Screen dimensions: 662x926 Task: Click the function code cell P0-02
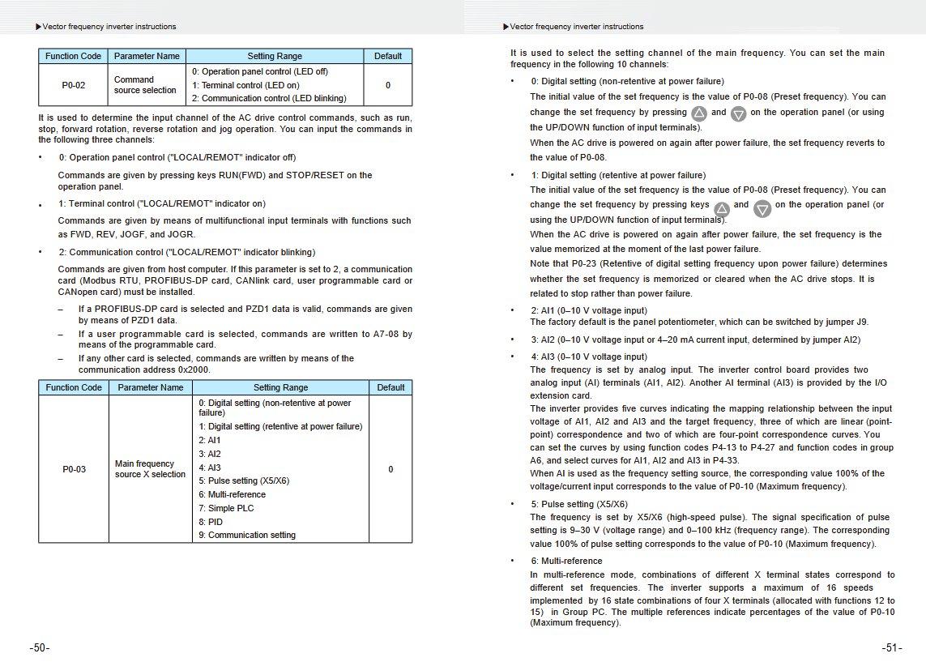pos(73,85)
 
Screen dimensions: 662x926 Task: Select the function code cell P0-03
pos(74,469)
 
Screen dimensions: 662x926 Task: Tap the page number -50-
pos(40,648)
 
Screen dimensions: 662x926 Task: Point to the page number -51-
pos(892,648)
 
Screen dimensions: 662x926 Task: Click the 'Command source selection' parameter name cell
pos(145,85)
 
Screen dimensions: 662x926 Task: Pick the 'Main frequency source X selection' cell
pos(150,469)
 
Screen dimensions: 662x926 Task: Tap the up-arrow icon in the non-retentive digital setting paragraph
pos(699,113)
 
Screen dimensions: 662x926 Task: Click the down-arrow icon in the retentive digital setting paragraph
pos(762,209)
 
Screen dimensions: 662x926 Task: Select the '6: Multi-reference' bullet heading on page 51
pos(566,561)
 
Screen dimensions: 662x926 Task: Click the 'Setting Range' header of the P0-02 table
pos(275,56)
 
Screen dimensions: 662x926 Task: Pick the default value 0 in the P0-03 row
pos(390,469)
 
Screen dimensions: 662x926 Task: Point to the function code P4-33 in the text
pos(723,460)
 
